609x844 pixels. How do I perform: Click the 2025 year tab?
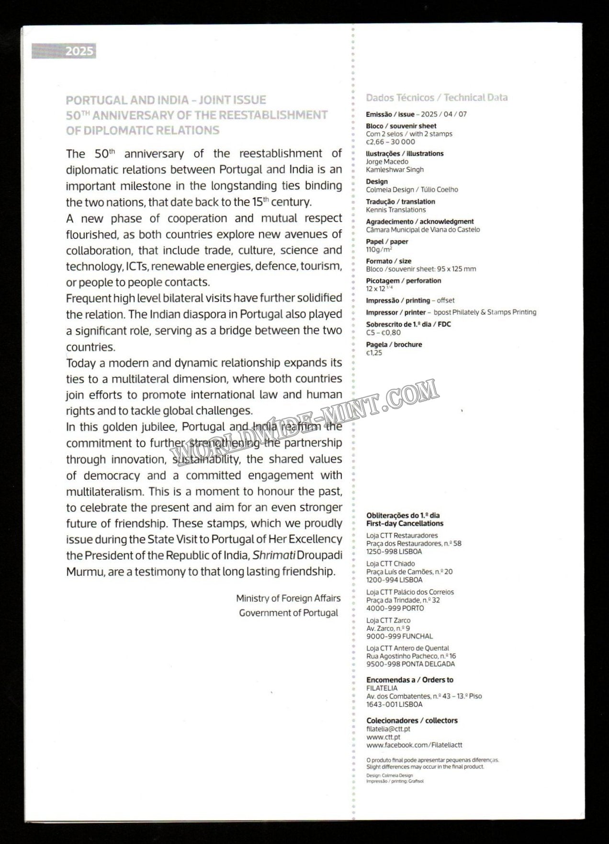[64, 51]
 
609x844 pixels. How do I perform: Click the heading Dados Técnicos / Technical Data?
[437, 98]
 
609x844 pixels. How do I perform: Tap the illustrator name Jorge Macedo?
[387, 162]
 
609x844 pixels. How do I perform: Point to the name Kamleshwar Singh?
[395, 169]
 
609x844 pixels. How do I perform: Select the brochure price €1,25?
[374, 353]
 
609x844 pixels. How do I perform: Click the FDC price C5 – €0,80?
[383, 333]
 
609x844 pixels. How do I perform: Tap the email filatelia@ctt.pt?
[388, 729]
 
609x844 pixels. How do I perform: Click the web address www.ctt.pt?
[383, 737]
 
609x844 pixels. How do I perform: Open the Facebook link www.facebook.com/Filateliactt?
[414, 745]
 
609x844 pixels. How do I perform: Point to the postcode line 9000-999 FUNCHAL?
[399, 636]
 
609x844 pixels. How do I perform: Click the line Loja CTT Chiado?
[391, 564]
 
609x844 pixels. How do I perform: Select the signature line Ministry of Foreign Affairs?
[288, 598]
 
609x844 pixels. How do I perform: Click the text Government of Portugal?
[289, 613]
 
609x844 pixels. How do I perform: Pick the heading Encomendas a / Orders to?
[410, 680]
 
